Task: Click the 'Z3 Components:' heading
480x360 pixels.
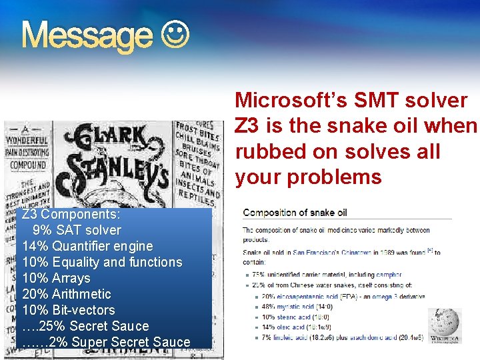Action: tap(71, 215)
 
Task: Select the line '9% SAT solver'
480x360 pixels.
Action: tap(77, 231)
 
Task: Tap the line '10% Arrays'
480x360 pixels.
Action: tap(56, 278)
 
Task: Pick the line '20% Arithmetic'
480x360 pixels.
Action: tap(67, 294)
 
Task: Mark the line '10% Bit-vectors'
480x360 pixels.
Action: tap(69, 310)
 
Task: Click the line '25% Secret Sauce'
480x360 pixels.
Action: tap(85, 326)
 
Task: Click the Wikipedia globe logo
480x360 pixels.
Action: tap(443, 325)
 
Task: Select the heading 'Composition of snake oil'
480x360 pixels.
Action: tap(295, 213)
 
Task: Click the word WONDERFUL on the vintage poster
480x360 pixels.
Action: tap(27, 141)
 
